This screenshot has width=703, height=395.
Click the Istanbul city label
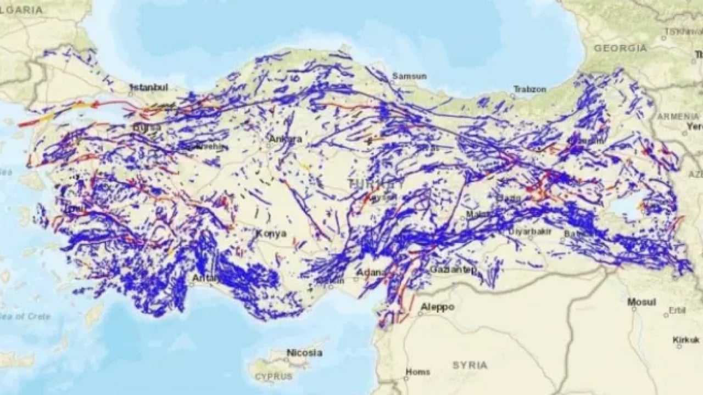coord(149,87)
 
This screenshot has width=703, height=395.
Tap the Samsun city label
coord(409,76)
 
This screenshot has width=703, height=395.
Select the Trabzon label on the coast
coord(530,88)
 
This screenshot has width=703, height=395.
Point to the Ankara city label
coord(285,139)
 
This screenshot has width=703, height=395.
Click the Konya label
coord(271,233)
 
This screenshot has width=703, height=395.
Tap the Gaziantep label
coord(454,269)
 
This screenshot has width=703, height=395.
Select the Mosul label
coord(642,302)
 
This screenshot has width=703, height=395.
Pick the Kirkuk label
coord(687,340)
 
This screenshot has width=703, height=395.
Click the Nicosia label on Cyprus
coord(304,353)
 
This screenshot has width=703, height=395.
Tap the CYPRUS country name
coord(274,377)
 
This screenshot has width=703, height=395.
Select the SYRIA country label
coord(470,365)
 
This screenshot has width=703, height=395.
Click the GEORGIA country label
coord(620,48)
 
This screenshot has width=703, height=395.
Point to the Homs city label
coord(417,372)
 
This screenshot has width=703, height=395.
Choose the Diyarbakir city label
coord(529,232)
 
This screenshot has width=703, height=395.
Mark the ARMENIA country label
coord(679,116)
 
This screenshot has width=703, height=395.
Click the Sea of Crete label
coord(25,317)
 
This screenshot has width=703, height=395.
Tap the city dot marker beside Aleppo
coord(420,313)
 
